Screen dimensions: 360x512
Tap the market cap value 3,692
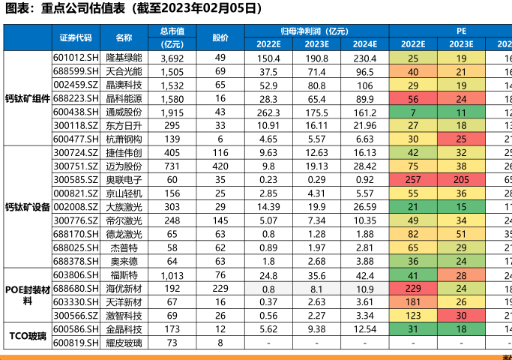[x=172, y=58]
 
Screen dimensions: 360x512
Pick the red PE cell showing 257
[x=413, y=179]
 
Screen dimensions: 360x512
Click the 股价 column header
[x=220, y=37]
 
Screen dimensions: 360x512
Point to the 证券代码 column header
[x=76, y=37]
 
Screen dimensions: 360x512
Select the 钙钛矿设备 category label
[x=28, y=206]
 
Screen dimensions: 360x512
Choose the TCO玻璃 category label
[x=28, y=335]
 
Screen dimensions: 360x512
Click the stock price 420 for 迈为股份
[x=220, y=166]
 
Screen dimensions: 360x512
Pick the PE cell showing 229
[x=413, y=288]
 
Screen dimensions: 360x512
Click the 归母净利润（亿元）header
[x=315, y=31]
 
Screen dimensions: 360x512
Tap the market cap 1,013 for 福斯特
[x=172, y=274]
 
